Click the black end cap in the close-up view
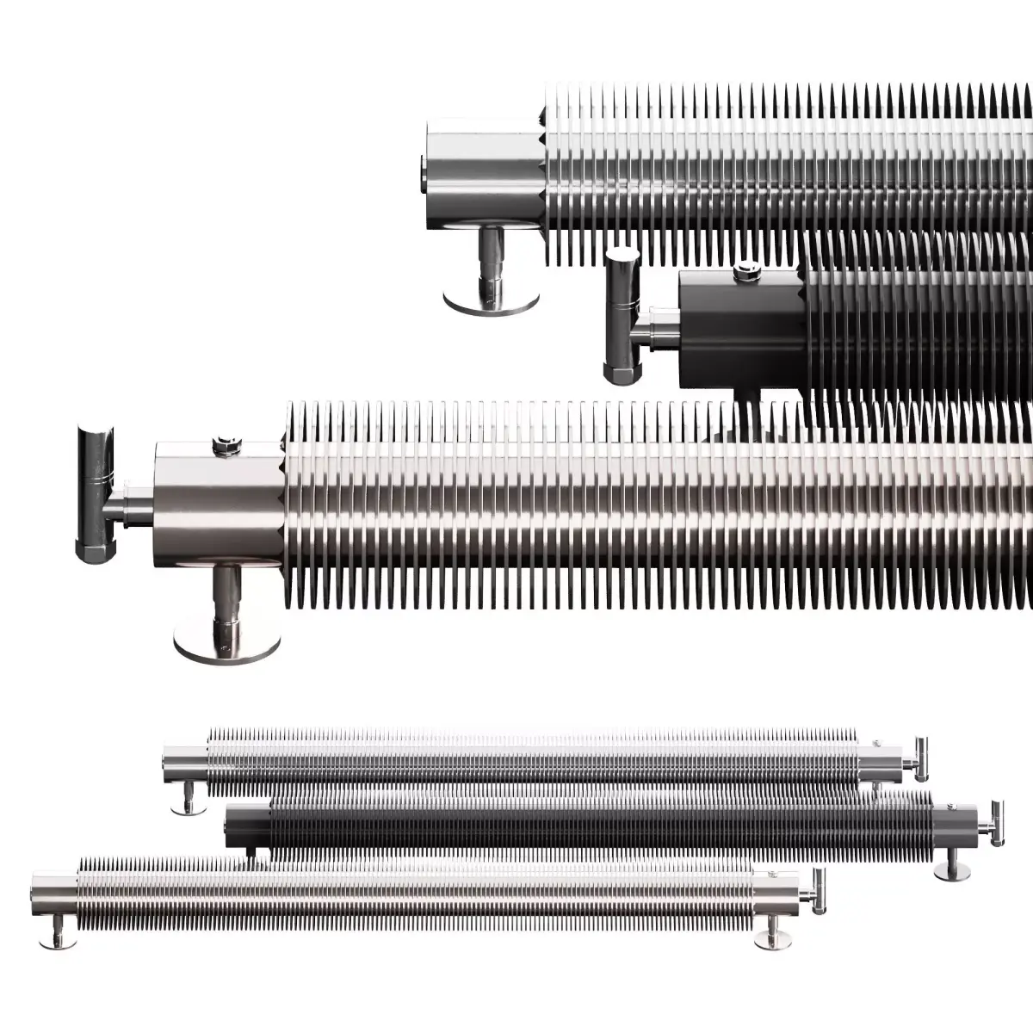740,327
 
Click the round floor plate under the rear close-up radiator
491,300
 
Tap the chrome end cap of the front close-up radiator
220,508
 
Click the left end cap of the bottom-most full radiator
53,892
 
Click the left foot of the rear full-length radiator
184,802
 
